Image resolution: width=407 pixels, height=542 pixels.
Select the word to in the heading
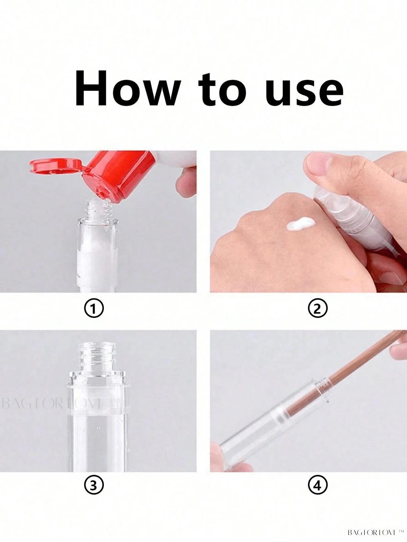pos(222,90)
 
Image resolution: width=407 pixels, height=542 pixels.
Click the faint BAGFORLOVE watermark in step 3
pos(62,404)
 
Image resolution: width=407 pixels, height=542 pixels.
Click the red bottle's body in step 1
pos(118,173)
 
